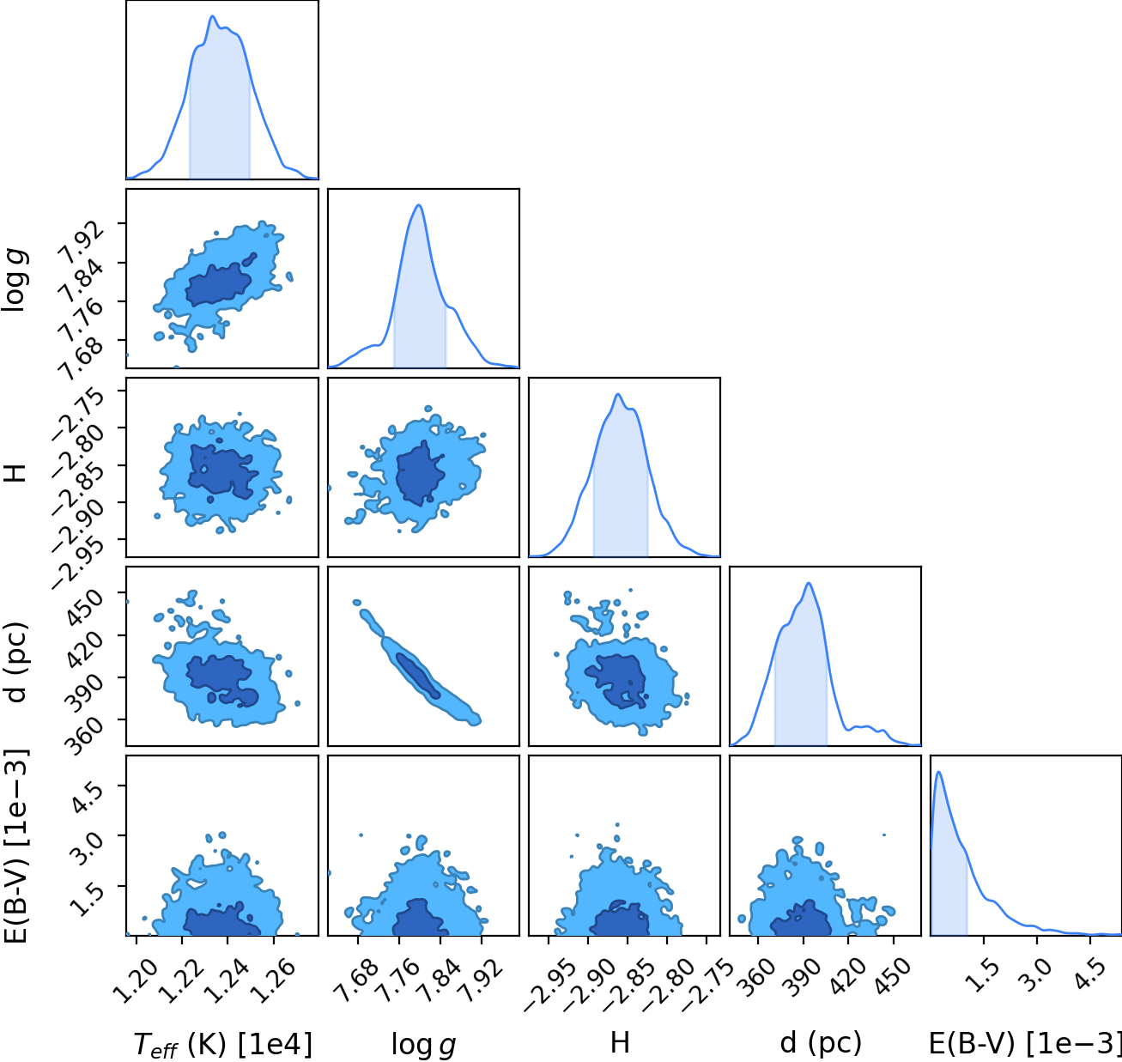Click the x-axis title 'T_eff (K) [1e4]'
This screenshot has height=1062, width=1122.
coord(222,1044)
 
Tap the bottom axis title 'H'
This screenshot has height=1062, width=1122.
coord(620,1042)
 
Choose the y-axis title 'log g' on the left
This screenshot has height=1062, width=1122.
coord(15,279)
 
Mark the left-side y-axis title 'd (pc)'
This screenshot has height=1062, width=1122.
coord(15,657)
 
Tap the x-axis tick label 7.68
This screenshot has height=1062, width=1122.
coord(357,981)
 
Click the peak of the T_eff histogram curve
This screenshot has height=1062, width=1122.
coord(212,16)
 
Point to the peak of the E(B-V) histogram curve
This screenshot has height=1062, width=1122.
coord(938,772)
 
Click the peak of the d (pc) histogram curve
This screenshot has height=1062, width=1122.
coord(809,583)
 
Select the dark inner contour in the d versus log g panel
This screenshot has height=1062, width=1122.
coord(418,676)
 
